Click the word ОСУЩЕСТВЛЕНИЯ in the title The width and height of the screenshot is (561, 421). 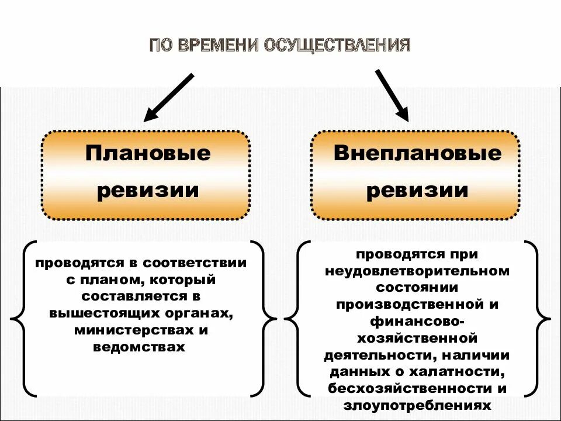(x=338, y=46)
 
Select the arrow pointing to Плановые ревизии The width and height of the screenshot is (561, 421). (x=168, y=97)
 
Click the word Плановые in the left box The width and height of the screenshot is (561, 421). (x=148, y=153)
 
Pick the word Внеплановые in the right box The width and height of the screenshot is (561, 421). (x=417, y=153)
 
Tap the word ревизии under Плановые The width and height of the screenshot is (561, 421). (x=148, y=191)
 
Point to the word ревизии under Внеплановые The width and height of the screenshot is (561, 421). (x=417, y=191)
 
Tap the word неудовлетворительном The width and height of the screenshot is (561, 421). (x=417, y=271)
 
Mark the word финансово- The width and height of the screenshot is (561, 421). (x=417, y=321)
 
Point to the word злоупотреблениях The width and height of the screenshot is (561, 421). (x=417, y=405)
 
